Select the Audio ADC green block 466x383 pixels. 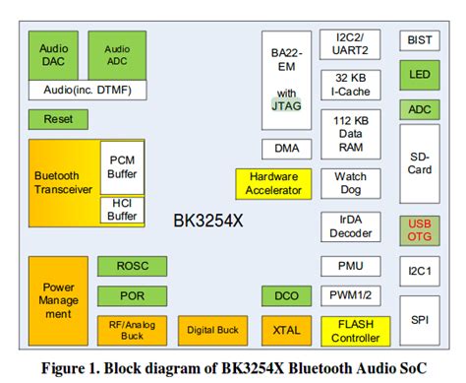pyautogui.click(x=117, y=54)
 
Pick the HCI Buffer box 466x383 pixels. pyautogui.click(x=122, y=209)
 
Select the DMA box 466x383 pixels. pyautogui.click(x=286, y=150)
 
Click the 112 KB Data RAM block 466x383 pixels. pyautogui.click(x=350, y=132)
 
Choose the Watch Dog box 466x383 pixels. pyautogui.click(x=350, y=184)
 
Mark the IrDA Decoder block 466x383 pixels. pyautogui.click(x=350, y=226)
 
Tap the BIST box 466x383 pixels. pyautogui.click(x=419, y=40)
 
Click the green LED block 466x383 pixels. pyautogui.click(x=419, y=75)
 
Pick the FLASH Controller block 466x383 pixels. pyautogui.click(x=350, y=331)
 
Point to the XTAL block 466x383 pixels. pyautogui.click(x=286, y=331)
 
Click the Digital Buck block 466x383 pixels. pyautogui.click(x=211, y=331)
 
